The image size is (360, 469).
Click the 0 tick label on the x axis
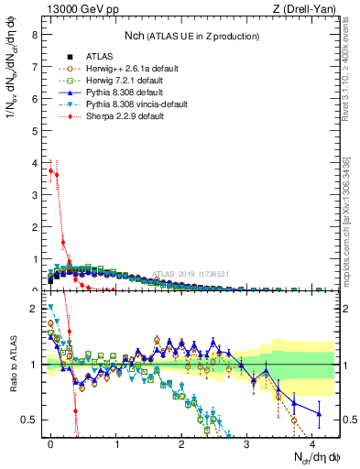[51, 444]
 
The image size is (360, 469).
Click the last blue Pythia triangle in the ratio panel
[319, 414]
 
